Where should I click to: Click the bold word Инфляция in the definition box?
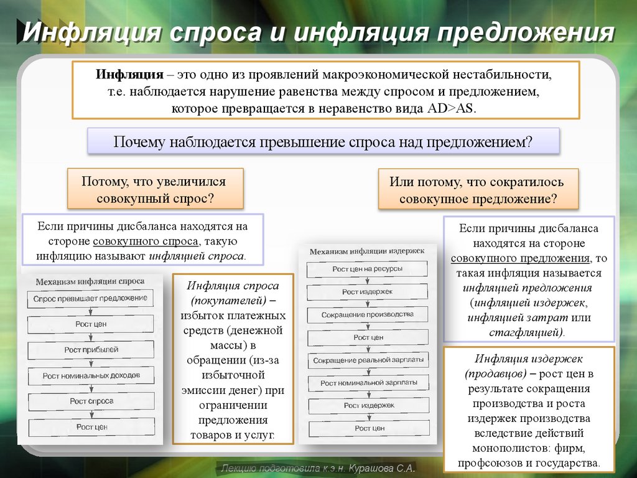click(129, 75)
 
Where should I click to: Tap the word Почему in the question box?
click(139, 141)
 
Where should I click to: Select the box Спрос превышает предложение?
click(90, 298)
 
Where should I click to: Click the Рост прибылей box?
click(91, 350)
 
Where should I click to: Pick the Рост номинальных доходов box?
click(91, 376)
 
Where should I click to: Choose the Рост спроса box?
click(91, 401)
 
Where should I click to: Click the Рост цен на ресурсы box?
click(367, 269)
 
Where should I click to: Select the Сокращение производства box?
click(368, 315)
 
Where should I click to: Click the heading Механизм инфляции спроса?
click(90, 281)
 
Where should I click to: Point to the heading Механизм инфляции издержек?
click(366, 251)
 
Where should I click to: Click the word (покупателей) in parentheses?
click(233, 301)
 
